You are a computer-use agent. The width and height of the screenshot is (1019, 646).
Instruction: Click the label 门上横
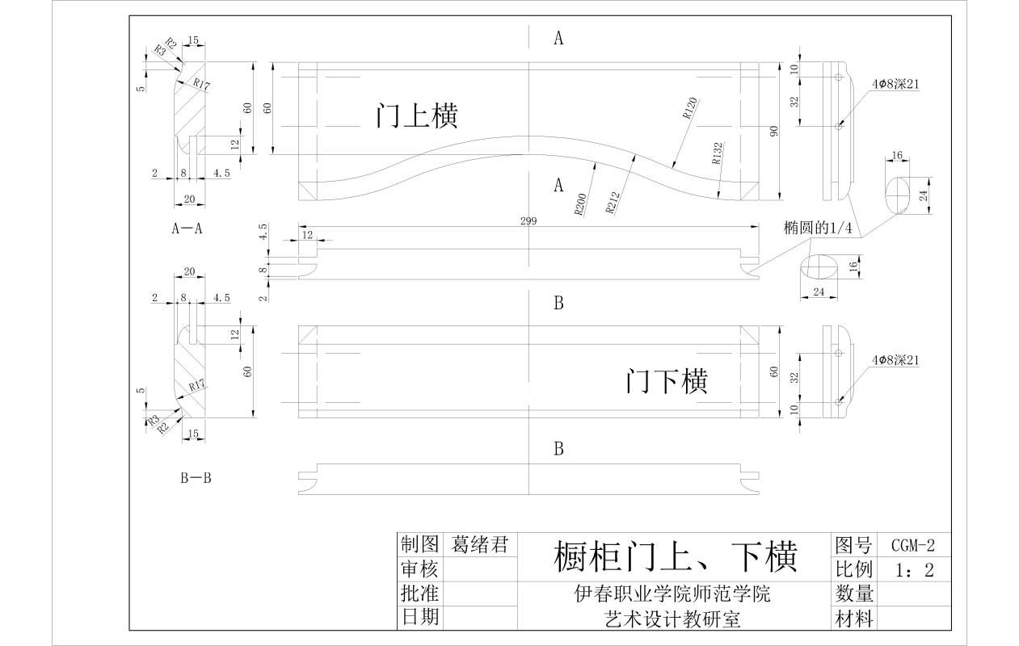pos(417,115)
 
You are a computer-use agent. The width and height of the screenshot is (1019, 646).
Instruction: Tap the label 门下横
pos(667,380)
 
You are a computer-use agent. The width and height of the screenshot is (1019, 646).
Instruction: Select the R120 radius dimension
pos(690,109)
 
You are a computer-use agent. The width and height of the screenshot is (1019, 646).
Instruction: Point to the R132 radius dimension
pos(718,153)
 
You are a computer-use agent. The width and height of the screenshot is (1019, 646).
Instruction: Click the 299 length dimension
pos(528,220)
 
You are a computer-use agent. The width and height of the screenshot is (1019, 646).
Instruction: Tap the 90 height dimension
pos(773,131)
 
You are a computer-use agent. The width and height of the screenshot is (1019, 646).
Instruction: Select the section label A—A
pos(187,229)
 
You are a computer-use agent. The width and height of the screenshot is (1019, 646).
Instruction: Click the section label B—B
pos(196,478)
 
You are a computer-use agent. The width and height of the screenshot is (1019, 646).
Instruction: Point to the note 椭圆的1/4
pos(818,229)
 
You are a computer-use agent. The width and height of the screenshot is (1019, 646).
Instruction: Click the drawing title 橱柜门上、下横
pos(675,556)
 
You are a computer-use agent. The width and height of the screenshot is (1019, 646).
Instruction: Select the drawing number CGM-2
pos(912,545)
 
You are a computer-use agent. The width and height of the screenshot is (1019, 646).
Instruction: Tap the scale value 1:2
pos(915,570)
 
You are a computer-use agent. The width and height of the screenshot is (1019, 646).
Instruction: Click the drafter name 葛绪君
pos(480,545)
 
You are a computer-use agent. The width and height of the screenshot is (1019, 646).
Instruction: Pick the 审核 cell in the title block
pos(419,569)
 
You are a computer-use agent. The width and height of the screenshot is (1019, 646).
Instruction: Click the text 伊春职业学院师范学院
pos(672,594)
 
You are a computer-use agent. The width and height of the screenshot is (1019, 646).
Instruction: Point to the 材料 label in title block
pos(854,619)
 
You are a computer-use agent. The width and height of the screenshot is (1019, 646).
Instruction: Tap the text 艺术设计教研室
pos(672,619)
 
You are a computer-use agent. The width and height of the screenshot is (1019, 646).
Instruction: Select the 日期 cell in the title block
pos(419,618)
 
